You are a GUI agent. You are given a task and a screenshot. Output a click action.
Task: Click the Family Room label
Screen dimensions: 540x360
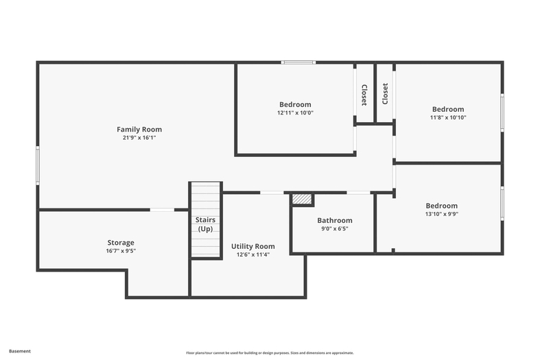click(x=139, y=130)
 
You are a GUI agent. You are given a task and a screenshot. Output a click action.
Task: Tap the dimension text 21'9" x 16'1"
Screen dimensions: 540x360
click(x=139, y=138)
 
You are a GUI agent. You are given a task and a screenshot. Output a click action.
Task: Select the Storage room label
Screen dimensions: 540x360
click(x=121, y=243)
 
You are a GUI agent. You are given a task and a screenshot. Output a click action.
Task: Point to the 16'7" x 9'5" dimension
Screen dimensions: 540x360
click(x=121, y=251)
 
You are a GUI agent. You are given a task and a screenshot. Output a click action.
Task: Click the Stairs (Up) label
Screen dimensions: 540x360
click(x=205, y=224)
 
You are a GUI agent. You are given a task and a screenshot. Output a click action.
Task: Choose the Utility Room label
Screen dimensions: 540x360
click(x=253, y=246)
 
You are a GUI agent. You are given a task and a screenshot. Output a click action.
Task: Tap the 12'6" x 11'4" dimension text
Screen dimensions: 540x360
click(x=253, y=254)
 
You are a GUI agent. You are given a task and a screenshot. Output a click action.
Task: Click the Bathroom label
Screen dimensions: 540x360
click(x=335, y=220)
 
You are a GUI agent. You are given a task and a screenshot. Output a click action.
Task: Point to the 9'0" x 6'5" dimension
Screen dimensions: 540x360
click(x=335, y=228)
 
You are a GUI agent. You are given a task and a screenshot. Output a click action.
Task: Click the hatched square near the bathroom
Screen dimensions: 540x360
click(x=302, y=200)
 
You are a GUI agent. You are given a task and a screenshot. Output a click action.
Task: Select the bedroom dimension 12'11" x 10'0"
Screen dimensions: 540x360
click(x=295, y=112)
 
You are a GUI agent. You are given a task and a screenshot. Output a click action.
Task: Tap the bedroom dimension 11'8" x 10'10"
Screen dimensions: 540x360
click(x=448, y=117)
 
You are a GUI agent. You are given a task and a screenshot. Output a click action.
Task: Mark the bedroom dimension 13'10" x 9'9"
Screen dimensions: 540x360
click(x=441, y=214)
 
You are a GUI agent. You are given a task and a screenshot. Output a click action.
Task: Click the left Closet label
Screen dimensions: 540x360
click(x=364, y=95)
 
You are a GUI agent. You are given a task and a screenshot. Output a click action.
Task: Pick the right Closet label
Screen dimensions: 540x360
click(x=385, y=94)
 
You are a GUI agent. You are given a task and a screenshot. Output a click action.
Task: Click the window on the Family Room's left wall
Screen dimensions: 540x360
click(x=38, y=165)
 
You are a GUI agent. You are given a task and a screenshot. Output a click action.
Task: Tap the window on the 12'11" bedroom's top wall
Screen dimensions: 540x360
click(x=298, y=62)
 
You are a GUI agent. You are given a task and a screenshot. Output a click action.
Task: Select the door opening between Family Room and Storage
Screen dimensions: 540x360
click(x=162, y=210)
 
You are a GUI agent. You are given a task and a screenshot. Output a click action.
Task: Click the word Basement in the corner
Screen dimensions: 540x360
click(x=20, y=351)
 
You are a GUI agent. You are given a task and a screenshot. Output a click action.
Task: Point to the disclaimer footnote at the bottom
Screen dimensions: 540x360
click(x=270, y=352)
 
